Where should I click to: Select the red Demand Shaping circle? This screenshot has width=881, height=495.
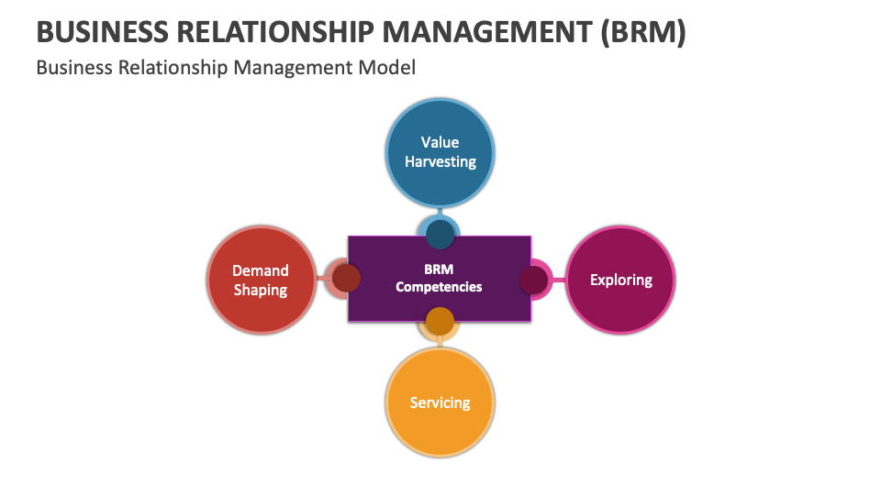click(261, 280)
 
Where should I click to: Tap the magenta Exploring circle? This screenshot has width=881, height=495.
click(621, 280)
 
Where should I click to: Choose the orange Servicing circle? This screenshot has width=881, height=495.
click(440, 403)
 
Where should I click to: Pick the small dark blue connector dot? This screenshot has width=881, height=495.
click(440, 235)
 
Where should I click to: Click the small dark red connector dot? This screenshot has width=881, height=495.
click(345, 278)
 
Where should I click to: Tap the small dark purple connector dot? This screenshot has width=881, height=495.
click(533, 280)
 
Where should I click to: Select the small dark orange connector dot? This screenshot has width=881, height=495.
click(440, 321)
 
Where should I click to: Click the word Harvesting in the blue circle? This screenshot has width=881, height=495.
click(440, 162)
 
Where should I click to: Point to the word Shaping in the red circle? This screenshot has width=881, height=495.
click(261, 291)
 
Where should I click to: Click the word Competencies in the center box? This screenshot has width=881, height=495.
click(439, 287)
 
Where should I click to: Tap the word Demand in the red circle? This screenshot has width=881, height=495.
click(261, 270)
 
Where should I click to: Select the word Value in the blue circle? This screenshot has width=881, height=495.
click(440, 142)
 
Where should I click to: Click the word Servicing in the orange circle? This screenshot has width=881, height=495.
click(440, 403)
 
